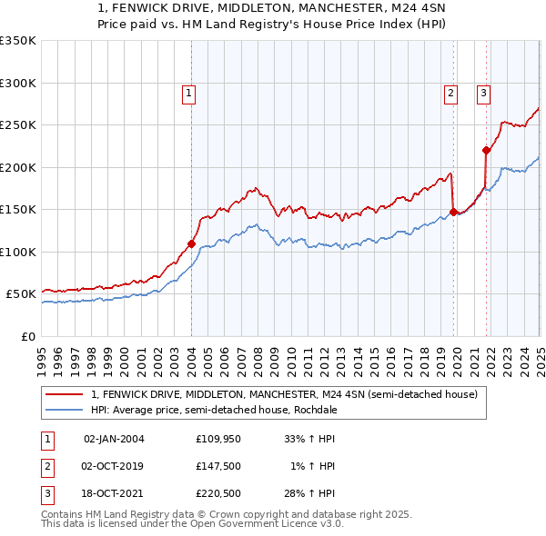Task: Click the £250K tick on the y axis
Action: click(x=18, y=125)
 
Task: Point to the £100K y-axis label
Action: click(x=18, y=252)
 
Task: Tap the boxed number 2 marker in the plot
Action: click(x=450, y=92)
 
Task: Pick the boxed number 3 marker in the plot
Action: click(x=483, y=92)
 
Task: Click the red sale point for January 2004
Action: click(x=191, y=243)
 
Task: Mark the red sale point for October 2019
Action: click(x=453, y=212)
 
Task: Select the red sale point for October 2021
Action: click(x=487, y=150)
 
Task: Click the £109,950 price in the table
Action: click(x=217, y=438)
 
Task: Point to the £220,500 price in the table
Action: click(x=217, y=493)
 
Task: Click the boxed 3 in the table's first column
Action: click(x=45, y=493)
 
